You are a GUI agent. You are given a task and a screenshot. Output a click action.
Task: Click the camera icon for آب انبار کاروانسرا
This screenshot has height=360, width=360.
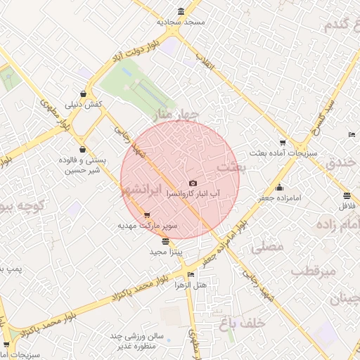point(193,183)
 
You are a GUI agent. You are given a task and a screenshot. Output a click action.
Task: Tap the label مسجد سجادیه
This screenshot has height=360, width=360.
point(181,22)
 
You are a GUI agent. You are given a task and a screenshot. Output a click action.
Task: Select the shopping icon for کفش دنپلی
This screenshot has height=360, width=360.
point(84,94)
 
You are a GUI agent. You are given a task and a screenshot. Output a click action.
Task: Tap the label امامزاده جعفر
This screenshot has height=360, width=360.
point(278,198)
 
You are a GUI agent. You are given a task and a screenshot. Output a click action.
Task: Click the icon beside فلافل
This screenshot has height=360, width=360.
point(346,195)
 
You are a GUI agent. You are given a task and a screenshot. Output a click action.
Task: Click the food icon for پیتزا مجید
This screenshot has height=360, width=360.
point(165,240)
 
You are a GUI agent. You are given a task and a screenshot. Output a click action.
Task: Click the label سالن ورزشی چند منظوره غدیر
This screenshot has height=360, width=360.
point(136,341)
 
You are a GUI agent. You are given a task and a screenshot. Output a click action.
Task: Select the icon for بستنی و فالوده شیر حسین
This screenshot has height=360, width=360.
point(84,149)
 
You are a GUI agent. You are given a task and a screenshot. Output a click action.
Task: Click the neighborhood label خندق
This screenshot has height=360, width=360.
point(342,163)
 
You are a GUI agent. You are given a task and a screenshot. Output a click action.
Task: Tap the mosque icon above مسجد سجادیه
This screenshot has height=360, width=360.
point(181,11)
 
